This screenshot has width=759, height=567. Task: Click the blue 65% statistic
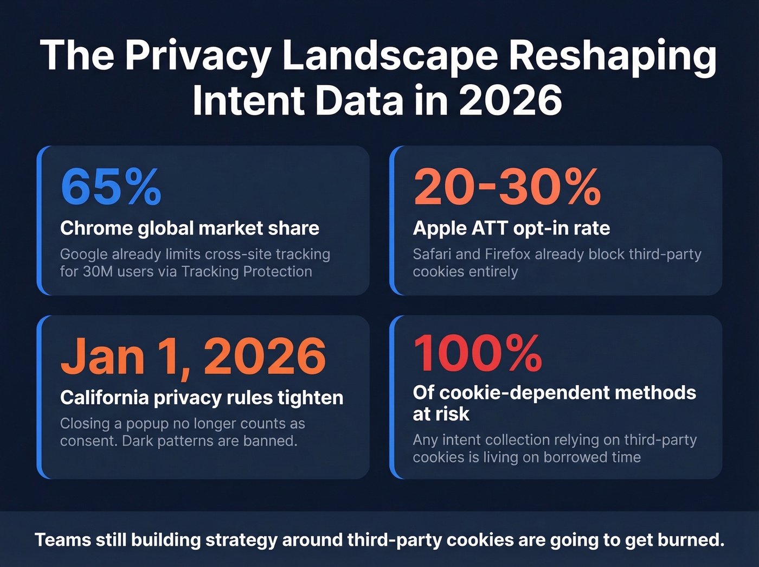tap(111, 187)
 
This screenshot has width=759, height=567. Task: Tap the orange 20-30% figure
tap(507, 187)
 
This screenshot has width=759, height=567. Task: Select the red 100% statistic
tap(477, 353)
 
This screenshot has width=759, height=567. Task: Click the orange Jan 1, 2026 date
tap(193, 356)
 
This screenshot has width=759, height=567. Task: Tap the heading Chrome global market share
tap(189, 228)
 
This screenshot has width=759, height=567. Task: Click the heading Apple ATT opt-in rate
tap(511, 228)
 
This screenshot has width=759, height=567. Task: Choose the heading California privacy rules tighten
tap(202, 398)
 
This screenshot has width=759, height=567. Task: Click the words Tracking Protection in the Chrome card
tap(247, 271)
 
